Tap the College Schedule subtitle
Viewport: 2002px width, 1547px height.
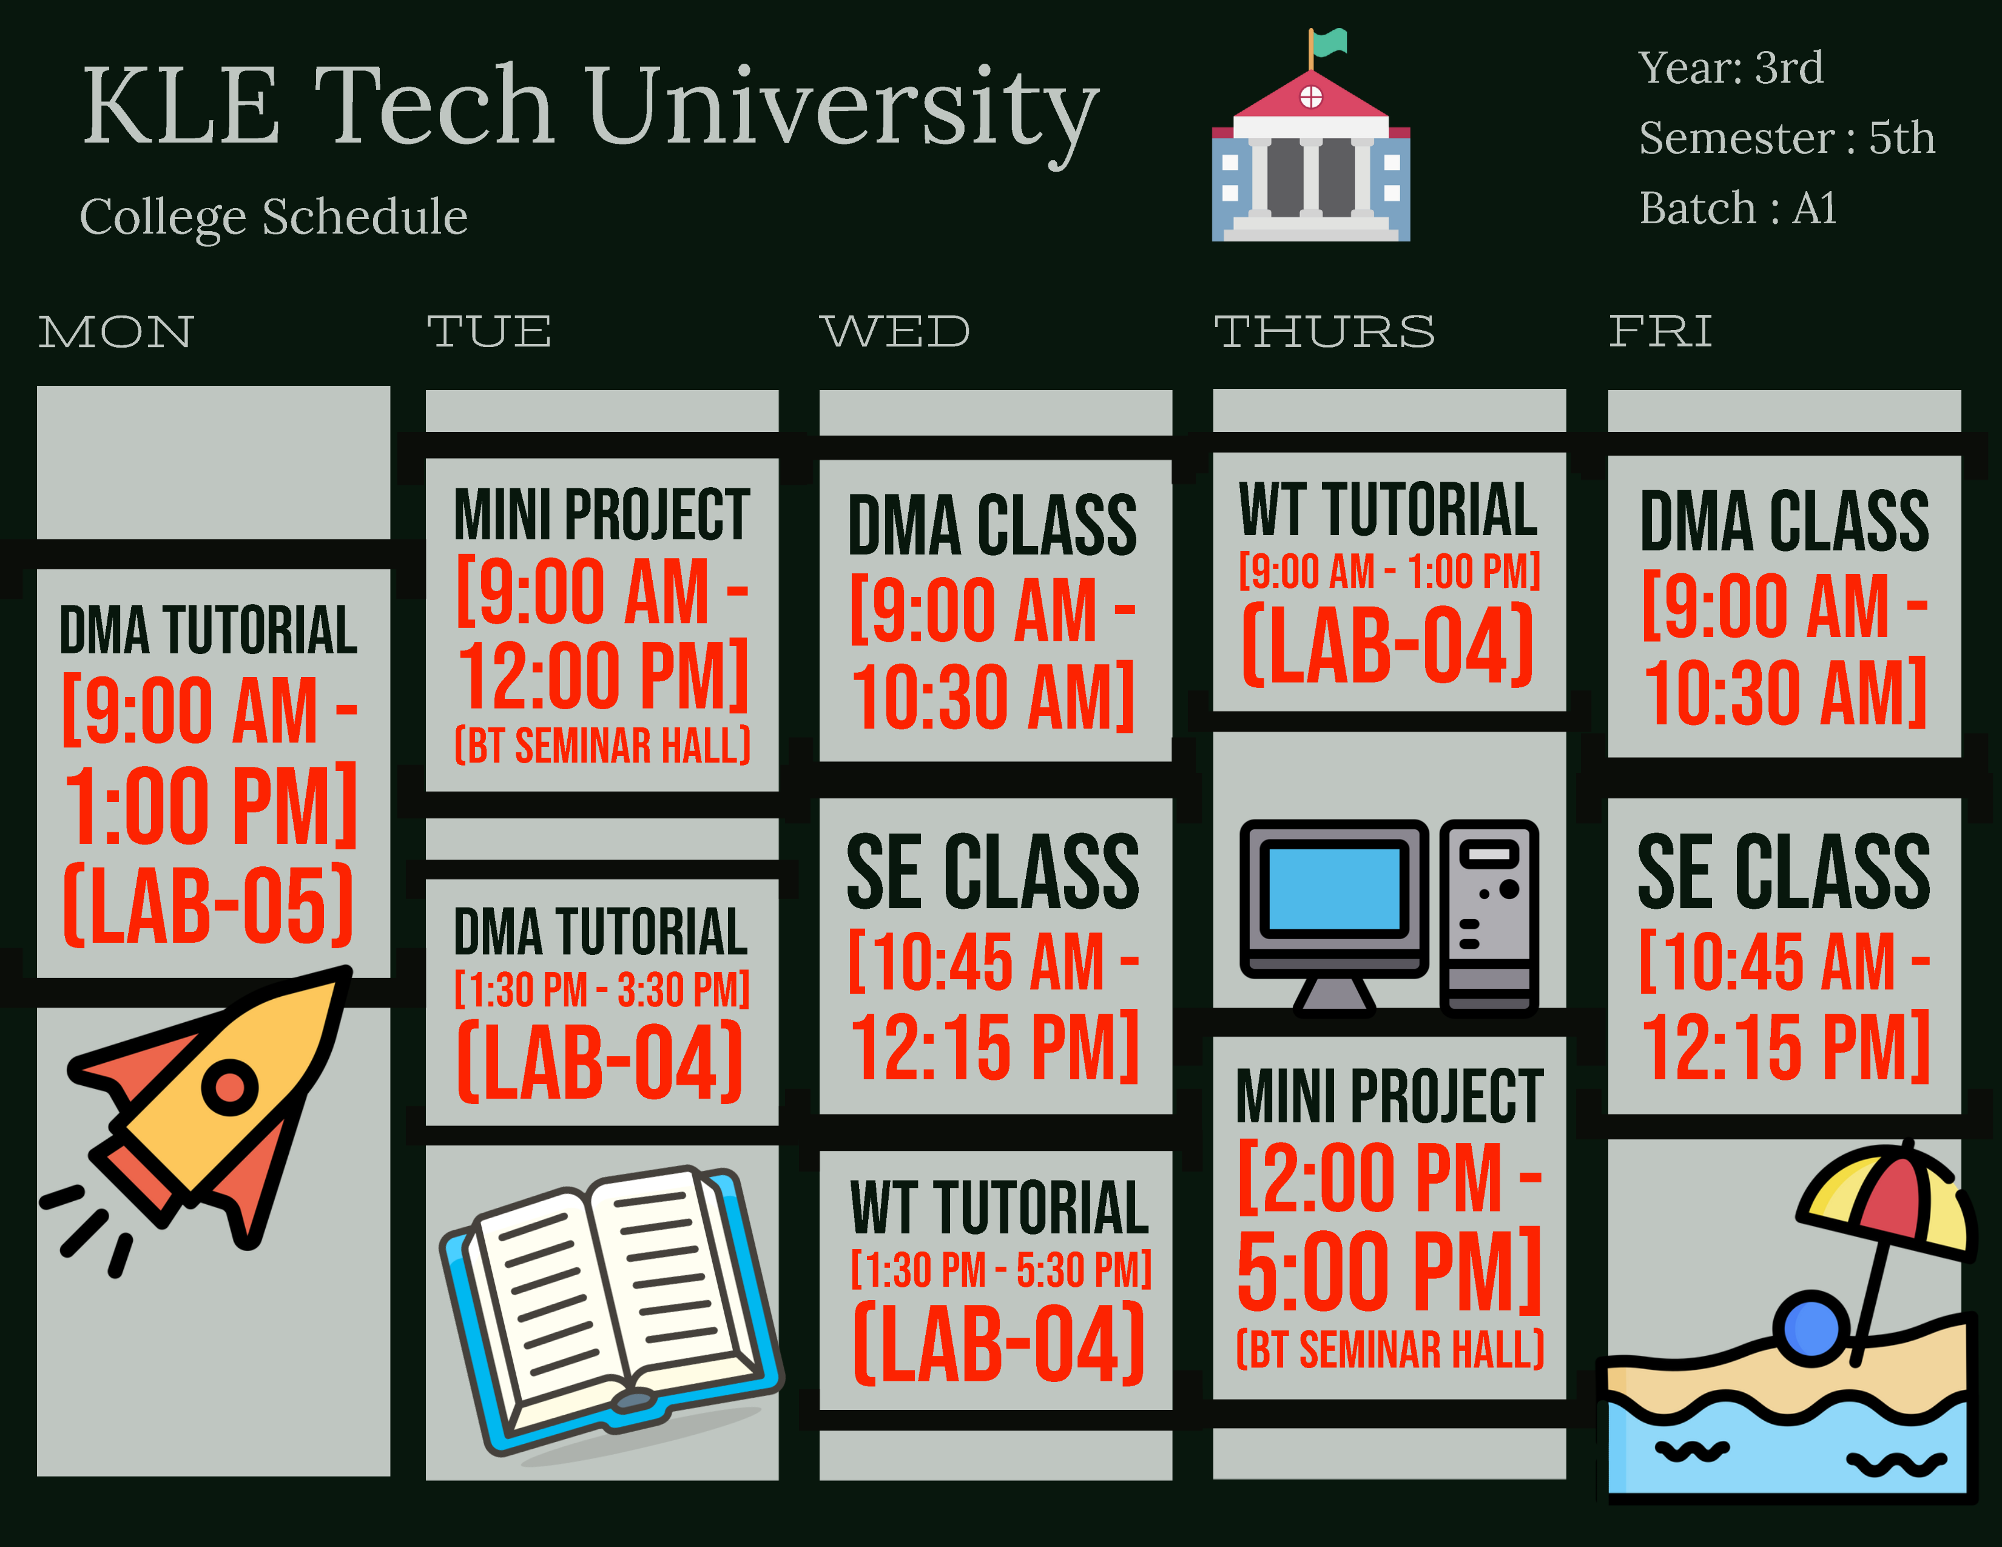click(273, 217)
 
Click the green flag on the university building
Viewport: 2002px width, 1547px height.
click(1329, 42)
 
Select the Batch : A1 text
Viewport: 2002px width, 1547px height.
click(1737, 208)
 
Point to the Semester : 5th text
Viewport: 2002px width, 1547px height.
click(1785, 138)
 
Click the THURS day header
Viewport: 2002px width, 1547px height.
click(1324, 332)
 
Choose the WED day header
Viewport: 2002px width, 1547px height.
click(895, 332)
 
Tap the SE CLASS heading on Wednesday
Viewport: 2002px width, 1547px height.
click(993, 872)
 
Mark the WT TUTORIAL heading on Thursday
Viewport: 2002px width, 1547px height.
click(1388, 510)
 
